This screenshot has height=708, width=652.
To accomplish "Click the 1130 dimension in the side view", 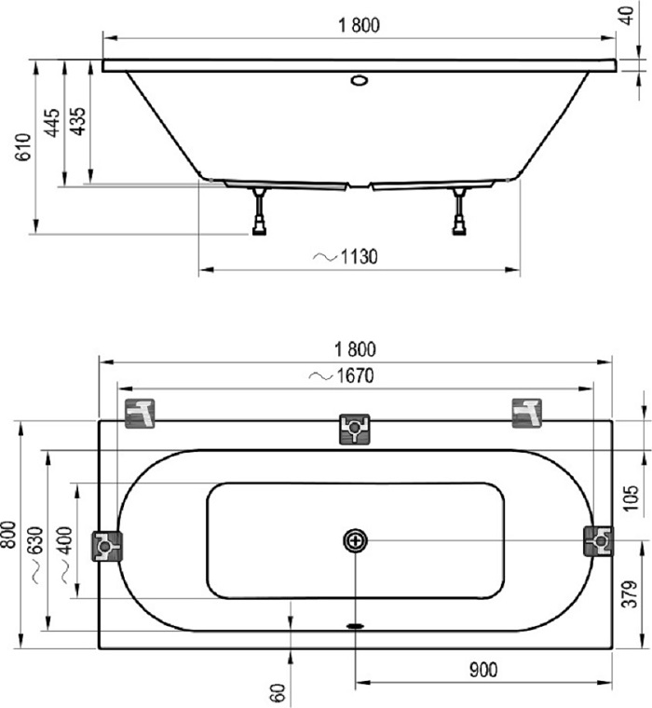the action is [x=359, y=256].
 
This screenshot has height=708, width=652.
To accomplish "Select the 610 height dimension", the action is [x=23, y=147].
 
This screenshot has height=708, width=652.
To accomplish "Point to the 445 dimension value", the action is [x=52, y=122].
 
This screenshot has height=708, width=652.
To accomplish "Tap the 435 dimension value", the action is [x=77, y=121].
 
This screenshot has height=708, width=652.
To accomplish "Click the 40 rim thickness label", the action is [x=628, y=15].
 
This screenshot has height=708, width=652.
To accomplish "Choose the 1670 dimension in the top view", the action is [x=356, y=375].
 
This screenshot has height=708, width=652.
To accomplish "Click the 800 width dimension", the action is [x=8, y=535].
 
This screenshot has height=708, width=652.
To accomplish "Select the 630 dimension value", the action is [x=35, y=540].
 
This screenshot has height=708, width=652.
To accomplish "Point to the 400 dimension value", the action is [x=65, y=540].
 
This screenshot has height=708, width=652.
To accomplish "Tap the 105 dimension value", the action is [x=631, y=498].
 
